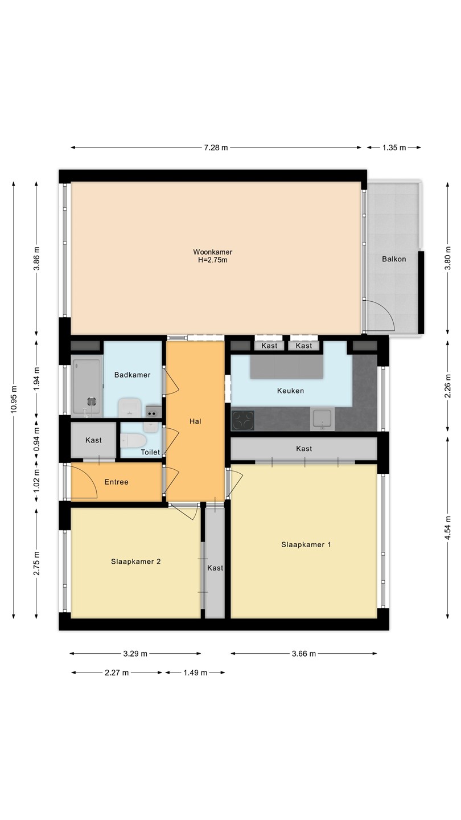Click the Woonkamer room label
(213, 252)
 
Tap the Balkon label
(394, 259)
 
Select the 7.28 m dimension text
(216, 147)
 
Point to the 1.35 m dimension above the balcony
(394, 147)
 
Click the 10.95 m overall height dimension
(14, 399)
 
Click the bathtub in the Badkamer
(87, 387)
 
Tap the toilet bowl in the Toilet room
(133, 441)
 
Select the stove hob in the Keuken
(244, 420)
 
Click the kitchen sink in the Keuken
(322, 419)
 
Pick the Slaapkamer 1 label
(306, 545)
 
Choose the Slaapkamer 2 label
(135, 561)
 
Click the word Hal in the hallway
(195, 421)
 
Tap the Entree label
(116, 482)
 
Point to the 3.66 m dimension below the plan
(304, 654)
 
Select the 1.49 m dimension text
(195, 673)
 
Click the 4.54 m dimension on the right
(447, 527)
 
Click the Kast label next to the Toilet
(93, 440)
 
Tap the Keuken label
(290, 391)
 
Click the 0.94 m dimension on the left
(36, 440)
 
